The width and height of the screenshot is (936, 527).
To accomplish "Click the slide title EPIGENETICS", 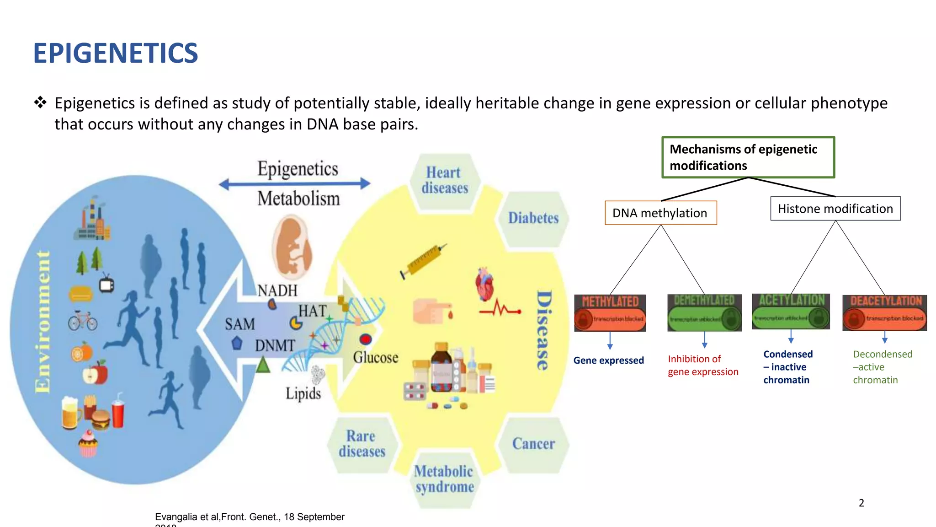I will click(x=116, y=53).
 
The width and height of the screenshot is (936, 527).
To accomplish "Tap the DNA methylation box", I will click(x=660, y=213).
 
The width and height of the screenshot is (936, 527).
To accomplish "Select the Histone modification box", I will click(x=835, y=209).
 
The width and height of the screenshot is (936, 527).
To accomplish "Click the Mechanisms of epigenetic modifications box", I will click(x=748, y=157).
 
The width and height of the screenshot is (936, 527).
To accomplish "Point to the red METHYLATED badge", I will click(x=610, y=313).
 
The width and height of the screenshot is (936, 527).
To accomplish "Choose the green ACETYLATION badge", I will click(x=791, y=312).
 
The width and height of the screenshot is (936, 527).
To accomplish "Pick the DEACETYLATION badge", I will click(x=884, y=313).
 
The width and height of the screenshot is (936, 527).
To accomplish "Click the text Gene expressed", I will click(x=608, y=360).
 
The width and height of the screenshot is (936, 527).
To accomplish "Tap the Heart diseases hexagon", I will click(x=445, y=181).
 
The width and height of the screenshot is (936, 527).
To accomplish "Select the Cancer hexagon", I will click(x=533, y=444).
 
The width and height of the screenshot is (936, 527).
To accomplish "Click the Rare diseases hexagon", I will click(x=362, y=444).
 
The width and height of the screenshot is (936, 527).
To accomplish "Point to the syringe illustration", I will click(x=423, y=261).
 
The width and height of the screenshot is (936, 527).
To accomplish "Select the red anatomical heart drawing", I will click(x=485, y=284).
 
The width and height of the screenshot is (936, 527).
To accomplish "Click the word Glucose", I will click(x=375, y=357).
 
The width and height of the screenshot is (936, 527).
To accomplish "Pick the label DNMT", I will click(x=275, y=345).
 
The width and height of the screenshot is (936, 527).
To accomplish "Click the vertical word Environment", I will click(x=43, y=322).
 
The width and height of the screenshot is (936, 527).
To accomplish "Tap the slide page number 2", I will click(x=861, y=503).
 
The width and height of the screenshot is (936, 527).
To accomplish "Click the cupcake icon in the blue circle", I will click(x=88, y=444).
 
